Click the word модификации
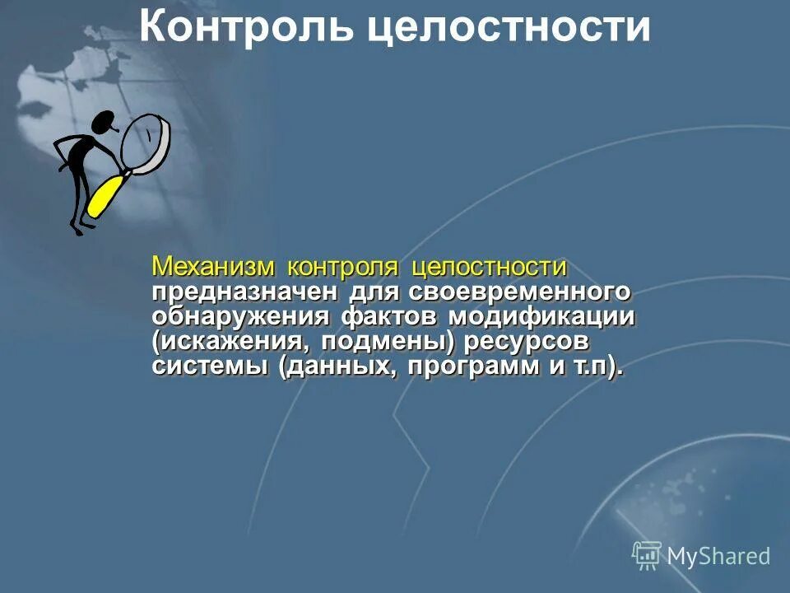pyautogui.click(x=542, y=317)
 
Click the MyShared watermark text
pyautogui.click(x=718, y=556)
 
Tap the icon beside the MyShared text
pyautogui.click(x=647, y=555)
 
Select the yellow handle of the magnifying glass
pyautogui.click(x=105, y=195)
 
